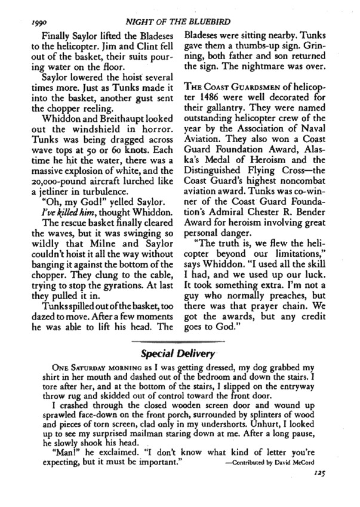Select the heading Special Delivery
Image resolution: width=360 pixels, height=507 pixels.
pos(179,353)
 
